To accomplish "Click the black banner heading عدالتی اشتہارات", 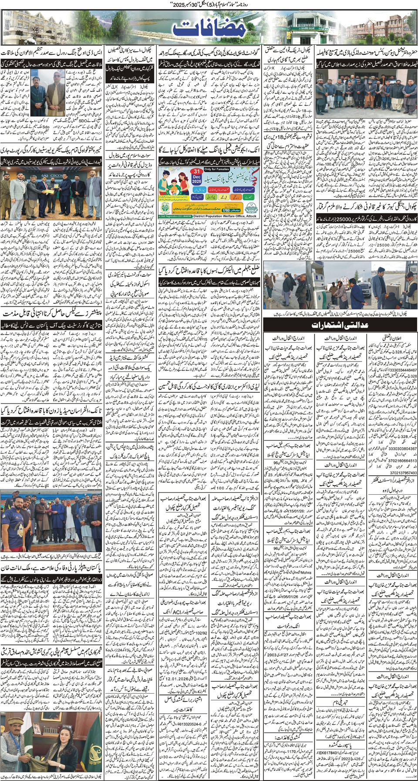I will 340,325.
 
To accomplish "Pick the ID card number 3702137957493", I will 397,473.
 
